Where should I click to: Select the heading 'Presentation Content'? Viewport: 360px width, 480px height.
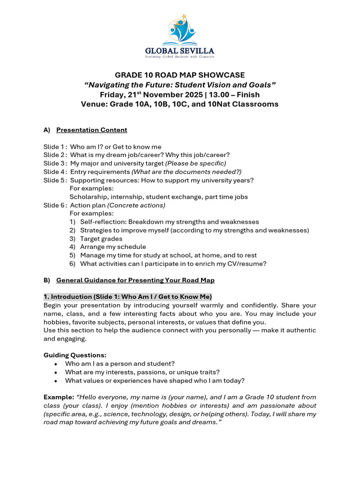(x=91, y=130)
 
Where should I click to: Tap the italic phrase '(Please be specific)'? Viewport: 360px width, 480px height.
(x=195, y=164)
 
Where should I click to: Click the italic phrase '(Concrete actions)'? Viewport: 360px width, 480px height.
(x=136, y=205)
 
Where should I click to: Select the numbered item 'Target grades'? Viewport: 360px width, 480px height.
(x=101, y=239)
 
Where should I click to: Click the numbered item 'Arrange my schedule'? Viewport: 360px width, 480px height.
(x=113, y=247)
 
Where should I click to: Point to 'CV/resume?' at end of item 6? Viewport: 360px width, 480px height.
(x=249, y=264)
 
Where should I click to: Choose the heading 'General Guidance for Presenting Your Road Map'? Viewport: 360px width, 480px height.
(x=135, y=280)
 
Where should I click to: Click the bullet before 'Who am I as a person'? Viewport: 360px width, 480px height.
(x=56, y=364)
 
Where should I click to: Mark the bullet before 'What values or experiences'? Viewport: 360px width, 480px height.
(x=56, y=381)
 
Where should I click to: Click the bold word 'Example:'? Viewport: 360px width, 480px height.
(x=59, y=397)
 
